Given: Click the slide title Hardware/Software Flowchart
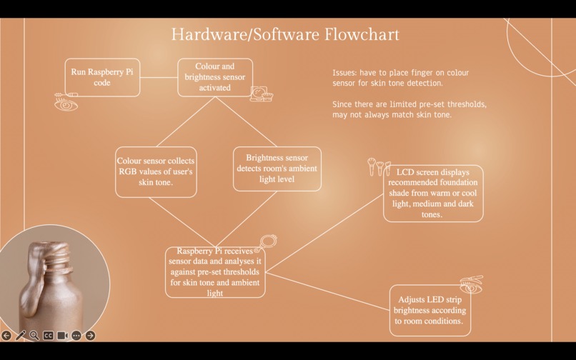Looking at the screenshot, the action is tap(285, 34).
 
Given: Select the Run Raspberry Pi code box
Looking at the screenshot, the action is tap(102, 78).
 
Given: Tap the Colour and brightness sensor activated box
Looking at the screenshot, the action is tap(215, 78).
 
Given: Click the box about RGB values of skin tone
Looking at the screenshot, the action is tap(156, 172).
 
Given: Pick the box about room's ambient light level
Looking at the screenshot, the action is tap(277, 169).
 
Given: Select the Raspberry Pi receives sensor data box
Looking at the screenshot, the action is tap(215, 272).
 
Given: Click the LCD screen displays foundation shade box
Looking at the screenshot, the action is tap(433, 194).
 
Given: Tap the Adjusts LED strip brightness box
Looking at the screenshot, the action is tap(429, 311).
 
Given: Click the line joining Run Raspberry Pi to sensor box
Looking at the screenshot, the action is tap(159, 78).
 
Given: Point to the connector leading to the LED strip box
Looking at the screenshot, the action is tap(327, 291).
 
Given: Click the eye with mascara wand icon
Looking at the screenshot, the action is tap(66, 101).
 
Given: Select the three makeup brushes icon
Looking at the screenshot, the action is tap(379, 167).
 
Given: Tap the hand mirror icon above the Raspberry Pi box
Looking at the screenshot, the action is tap(266, 243).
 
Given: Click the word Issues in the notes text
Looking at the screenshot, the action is tap(344, 73).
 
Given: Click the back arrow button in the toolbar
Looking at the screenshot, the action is tap(6, 336).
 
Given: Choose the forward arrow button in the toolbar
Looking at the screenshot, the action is tap(90, 336).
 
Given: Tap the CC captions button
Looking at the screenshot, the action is tap(48, 336).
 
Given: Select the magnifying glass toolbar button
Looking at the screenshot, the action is tap(34, 336).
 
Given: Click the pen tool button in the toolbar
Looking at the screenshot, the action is tap(20, 336).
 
